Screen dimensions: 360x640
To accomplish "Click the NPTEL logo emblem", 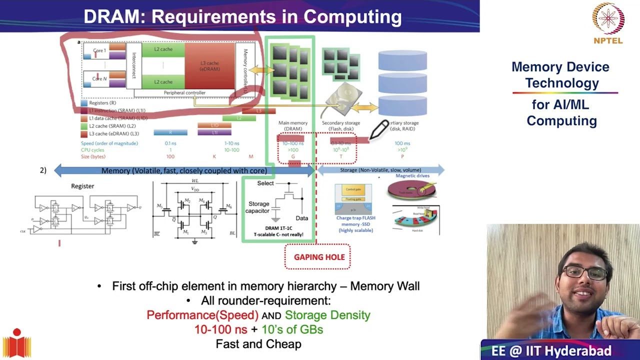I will [608, 19].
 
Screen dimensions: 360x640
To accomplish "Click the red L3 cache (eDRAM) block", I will [209, 66].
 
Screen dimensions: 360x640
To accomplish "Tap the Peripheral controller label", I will [184, 92].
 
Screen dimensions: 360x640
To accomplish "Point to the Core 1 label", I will [99, 50].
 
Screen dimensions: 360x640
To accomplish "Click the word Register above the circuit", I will [82, 186].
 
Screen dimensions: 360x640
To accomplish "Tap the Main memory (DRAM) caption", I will [293, 125].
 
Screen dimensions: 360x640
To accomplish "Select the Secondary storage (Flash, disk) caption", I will [341, 125].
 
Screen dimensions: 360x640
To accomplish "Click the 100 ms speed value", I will [402, 143].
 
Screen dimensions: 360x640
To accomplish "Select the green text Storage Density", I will [327, 315].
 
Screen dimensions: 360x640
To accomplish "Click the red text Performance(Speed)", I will [202, 315].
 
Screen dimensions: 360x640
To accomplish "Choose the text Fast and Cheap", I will [258, 344].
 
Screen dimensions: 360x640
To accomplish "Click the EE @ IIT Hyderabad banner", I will [551, 350].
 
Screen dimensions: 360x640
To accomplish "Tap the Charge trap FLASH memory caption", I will [355, 223].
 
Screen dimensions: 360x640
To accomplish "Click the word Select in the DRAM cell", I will [265, 183].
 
